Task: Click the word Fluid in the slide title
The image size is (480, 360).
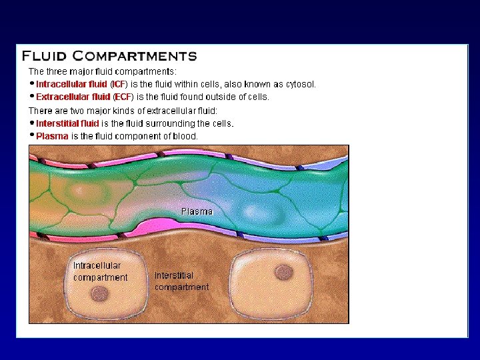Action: (x=45, y=56)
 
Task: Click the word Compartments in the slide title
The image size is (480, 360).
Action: (x=135, y=56)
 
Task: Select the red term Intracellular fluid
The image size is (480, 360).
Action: (x=71, y=84)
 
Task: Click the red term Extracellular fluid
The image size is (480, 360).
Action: (x=73, y=97)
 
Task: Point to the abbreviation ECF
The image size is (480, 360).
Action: (x=123, y=97)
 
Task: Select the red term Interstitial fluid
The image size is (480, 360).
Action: (x=67, y=123)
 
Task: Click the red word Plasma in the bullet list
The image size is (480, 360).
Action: (x=52, y=136)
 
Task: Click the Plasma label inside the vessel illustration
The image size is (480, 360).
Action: (x=197, y=211)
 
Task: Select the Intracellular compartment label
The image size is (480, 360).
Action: (x=100, y=271)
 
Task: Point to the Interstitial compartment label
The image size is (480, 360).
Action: (x=181, y=281)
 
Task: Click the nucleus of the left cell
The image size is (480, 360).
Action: (x=100, y=293)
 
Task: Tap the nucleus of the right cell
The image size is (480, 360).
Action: (x=284, y=273)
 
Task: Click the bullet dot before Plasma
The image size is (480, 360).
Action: (x=32, y=135)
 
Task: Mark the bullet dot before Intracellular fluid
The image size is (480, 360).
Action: (x=32, y=83)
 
